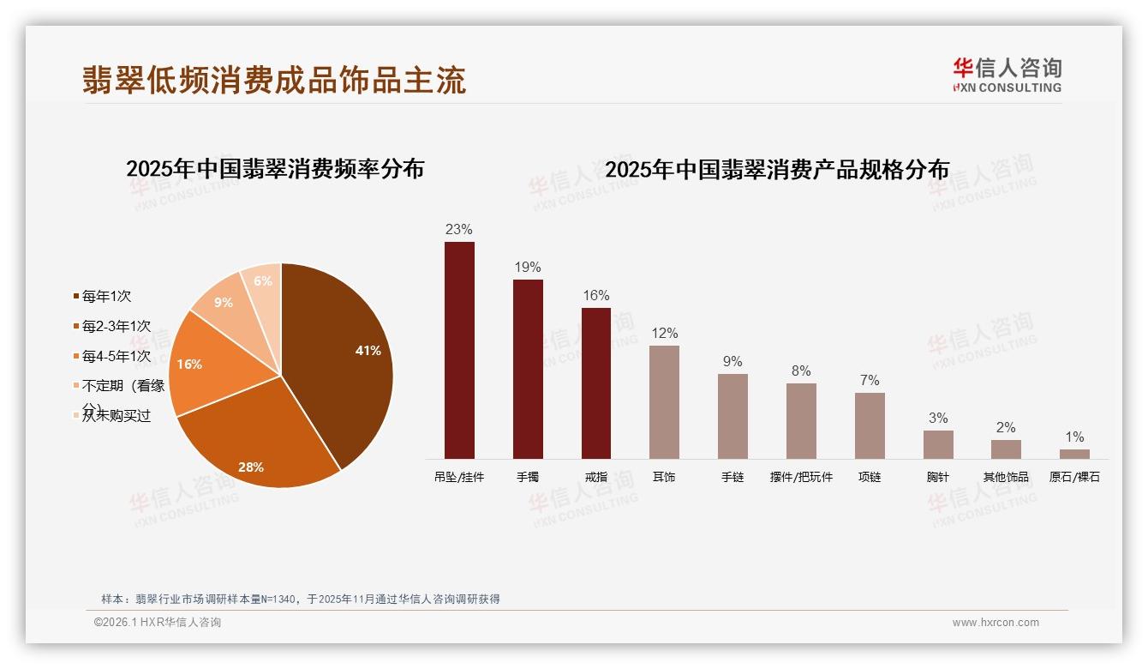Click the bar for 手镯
click(x=528, y=369)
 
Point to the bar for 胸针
click(x=938, y=444)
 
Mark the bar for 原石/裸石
click(x=1074, y=454)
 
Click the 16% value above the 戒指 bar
click(x=595, y=296)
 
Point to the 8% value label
click(x=801, y=371)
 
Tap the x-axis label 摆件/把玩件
click(x=801, y=477)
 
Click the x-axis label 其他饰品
click(x=1006, y=477)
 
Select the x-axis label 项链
click(x=870, y=477)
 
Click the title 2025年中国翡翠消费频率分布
click(x=275, y=169)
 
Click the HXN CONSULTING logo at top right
click(x=1007, y=75)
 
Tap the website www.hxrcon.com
click(x=996, y=623)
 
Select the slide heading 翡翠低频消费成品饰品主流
click(x=274, y=80)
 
